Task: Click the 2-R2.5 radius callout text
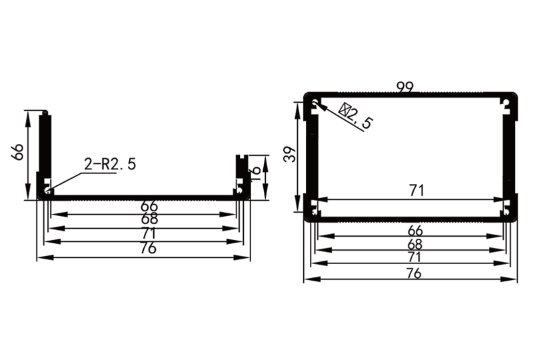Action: (x=110, y=164)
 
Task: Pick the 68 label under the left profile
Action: (x=145, y=219)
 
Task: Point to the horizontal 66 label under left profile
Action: (x=145, y=207)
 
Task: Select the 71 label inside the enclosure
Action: (x=416, y=191)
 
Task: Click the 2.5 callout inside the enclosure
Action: (x=356, y=115)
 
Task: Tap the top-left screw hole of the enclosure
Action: (x=314, y=102)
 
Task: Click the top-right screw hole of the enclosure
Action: (x=508, y=102)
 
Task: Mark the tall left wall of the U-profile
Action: (x=45, y=150)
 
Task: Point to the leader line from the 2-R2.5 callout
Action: (x=67, y=181)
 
